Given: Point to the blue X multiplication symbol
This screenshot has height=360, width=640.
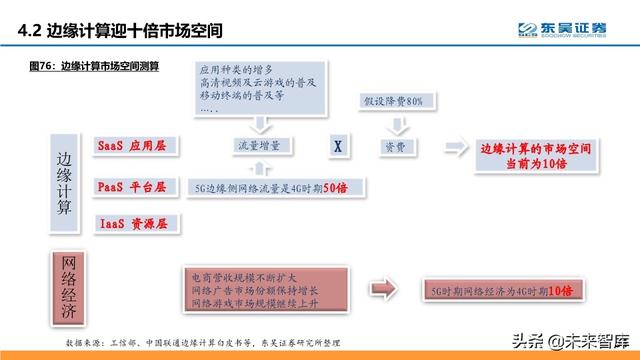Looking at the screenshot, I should coord(339,146).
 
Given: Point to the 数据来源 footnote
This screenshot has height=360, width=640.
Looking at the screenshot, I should coord(200,341).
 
